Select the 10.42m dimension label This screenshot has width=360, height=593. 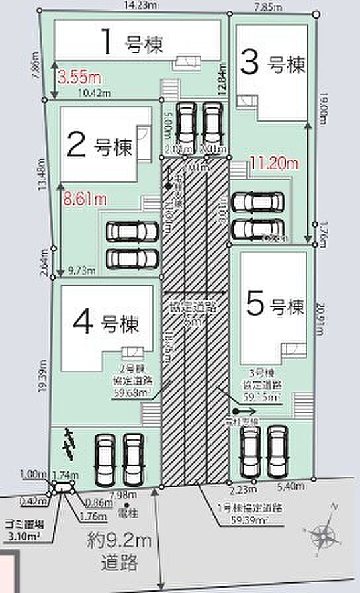92,92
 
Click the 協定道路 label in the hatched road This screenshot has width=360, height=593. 194,307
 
